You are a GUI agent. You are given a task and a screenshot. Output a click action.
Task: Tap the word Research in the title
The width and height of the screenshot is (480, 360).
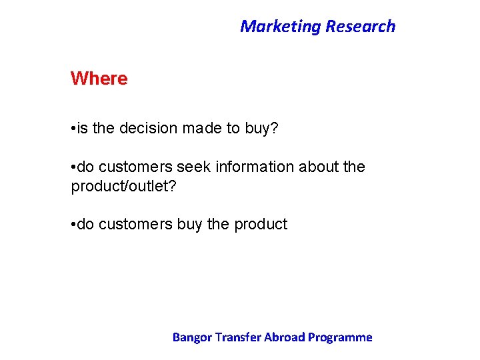pyautogui.click(x=360, y=27)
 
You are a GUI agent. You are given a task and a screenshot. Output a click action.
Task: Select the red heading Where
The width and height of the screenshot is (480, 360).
pyautogui.click(x=99, y=79)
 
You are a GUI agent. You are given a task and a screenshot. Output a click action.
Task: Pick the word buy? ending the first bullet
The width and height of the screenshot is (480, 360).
pyautogui.click(x=261, y=129)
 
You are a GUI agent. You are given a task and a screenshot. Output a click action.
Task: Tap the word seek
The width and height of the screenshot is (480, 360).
pyautogui.click(x=196, y=167)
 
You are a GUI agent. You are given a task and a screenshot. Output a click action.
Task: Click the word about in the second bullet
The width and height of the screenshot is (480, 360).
pyautogui.click(x=317, y=167)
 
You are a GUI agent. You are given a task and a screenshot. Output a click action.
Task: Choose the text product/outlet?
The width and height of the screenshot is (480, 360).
pyautogui.click(x=124, y=186)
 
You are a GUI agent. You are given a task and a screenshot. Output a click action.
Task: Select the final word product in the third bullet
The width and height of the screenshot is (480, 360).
pyautogui.click(x=261, y=225)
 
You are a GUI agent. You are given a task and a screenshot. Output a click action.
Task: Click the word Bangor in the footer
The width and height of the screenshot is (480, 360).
pyautogui.click(x=191, y=337)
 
